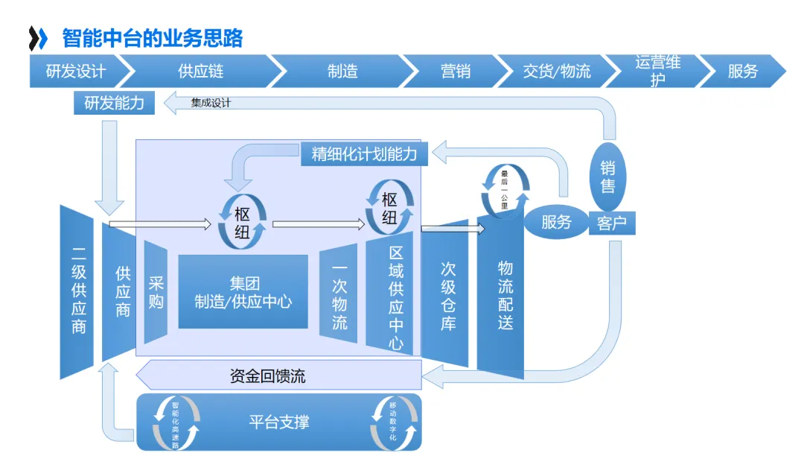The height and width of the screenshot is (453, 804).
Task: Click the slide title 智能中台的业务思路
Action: [152, 37]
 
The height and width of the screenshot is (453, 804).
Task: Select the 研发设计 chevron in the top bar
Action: [75, 72]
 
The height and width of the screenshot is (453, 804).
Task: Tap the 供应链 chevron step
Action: [200, 72]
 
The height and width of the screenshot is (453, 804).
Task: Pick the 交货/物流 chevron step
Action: [556, 72]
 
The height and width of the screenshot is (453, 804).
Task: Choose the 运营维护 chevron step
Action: [657, 72]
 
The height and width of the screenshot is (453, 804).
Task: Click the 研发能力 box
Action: [114, 103]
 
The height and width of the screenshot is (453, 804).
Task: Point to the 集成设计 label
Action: [211, 103]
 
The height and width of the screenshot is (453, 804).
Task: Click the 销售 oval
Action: [607, 177]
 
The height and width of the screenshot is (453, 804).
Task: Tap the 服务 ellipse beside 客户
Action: [556, 222]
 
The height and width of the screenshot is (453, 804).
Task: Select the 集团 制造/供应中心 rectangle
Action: [243, 292]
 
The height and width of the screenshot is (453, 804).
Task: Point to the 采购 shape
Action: [156, 292]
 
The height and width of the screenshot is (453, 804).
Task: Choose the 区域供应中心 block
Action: [396, 297]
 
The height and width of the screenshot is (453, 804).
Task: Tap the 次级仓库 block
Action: [447, 297]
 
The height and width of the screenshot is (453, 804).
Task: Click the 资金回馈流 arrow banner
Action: [278, 376]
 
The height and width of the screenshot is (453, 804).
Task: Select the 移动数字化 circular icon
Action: [394, 422]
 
